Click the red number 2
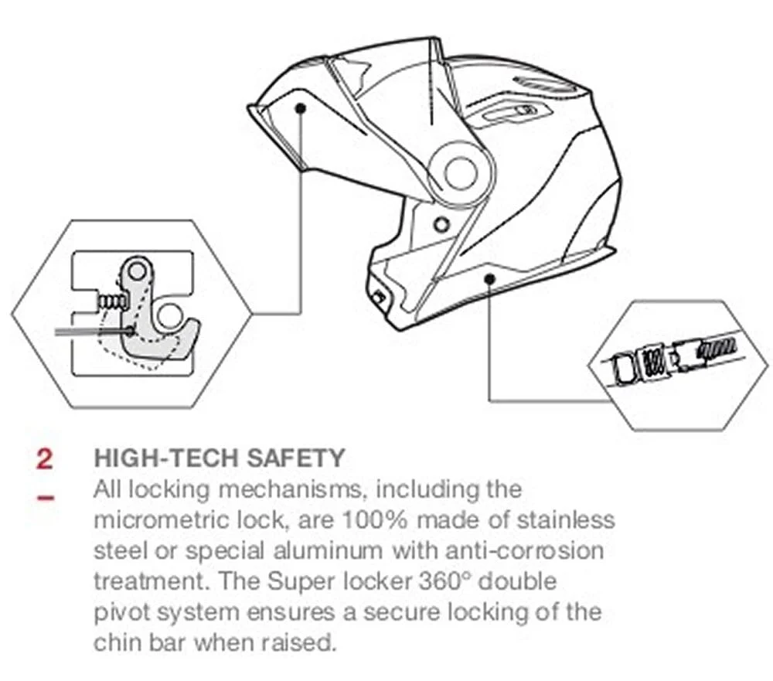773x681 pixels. (x=44, y=458)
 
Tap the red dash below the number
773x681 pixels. (x=46, y=498)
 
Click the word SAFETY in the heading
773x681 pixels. (x=295, y=458)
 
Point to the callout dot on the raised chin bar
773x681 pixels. (x=300, y=108)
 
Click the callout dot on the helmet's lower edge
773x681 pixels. (x=489, y=279)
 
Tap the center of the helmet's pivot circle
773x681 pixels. (x=461, y=173)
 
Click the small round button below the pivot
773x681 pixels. (x=441, y=225)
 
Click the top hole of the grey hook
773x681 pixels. (x=138, y=271)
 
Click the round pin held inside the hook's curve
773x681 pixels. (x=169, y=313)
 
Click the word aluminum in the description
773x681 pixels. (x=328, y=551)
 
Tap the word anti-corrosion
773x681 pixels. (x=525, y=551)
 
